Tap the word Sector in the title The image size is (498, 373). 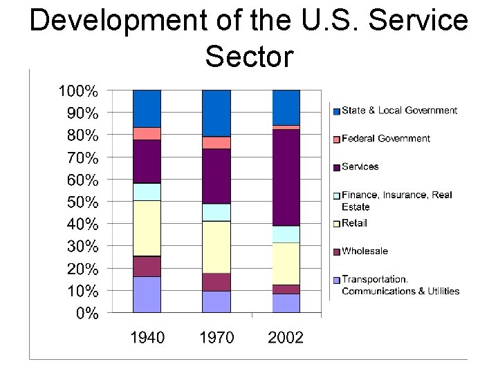tap(249, 57)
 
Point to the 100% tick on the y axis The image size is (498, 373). tap(78, 90)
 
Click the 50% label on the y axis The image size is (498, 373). tap(82, 202)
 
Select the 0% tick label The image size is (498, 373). tap(87, 314)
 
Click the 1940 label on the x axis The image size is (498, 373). tap(147, 338)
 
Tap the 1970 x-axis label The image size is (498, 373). tap(216, 338)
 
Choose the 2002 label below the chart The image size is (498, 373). tap(286, 338)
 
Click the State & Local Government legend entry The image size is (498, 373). tap(399, 111)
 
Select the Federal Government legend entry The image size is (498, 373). tap(385, 139)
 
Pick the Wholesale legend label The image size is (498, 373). tap(365, 251)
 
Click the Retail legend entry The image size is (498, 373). tap(354, 223)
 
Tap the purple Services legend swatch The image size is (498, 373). tap(336, 167)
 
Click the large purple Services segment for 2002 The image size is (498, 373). tap(286, 178)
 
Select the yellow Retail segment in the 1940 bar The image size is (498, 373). tap(147, 228)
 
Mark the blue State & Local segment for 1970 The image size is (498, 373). tap(216, 113)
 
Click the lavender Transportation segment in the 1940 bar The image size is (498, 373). tap(147, 295)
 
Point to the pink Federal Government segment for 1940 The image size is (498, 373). tap(147, 133)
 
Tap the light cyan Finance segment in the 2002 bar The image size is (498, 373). tap(286, 234)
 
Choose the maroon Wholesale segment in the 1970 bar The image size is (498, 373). tap(216, 282)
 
